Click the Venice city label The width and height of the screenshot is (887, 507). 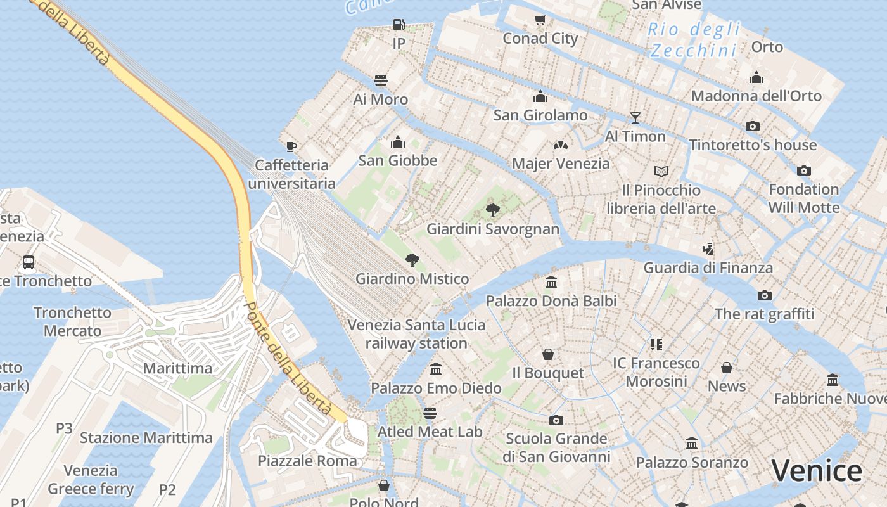click(x=817, y=471)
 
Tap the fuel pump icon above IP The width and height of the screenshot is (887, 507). click(x=399, y=25)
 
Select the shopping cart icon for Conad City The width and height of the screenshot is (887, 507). click(x=540, y=20)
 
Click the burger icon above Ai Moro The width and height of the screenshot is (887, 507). click(x=381, y=80)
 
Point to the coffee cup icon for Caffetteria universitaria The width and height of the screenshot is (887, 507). click(x=291, y=146)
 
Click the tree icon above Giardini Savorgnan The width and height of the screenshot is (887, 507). click(x=493, y=210)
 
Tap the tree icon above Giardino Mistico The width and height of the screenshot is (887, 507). click(x=412, y=260)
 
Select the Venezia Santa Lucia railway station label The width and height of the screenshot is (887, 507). click(x=416, y=334)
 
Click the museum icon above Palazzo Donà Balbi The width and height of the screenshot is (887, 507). click(x=551, y=282)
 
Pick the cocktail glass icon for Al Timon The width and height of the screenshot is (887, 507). click(x=635, y=117)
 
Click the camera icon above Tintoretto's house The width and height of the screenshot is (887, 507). click(x=753, y=126)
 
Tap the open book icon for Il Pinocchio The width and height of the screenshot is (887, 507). click(x=661, y=171)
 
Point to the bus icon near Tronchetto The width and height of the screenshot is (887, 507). click(x=29, y=262)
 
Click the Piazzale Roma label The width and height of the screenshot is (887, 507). click(x=307, y=461)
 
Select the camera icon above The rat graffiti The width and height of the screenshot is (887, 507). click(x=765, y=295)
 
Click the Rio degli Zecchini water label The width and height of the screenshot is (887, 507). click(x=694, y=39)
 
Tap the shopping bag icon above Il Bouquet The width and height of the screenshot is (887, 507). click(x=548, y=354)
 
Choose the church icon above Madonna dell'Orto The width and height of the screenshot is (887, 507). click(x=756, y=78)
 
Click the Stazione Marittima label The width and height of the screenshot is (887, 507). click(x=146, y=438)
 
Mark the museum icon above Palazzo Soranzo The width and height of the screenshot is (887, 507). click(x=692, y=444)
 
